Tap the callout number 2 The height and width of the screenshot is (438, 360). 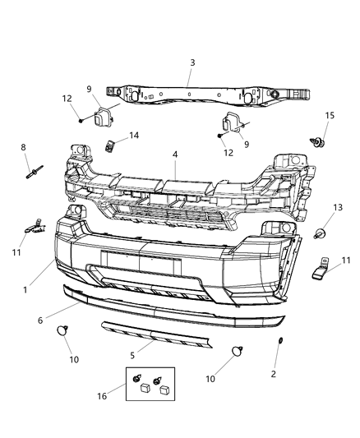click(x=274, y=374)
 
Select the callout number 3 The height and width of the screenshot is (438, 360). click(x=192, y=62)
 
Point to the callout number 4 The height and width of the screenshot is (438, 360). click(x=174, y=153)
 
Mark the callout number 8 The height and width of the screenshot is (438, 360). click(x=23, y=147)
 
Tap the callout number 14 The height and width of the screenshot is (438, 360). click(x=134, y=136)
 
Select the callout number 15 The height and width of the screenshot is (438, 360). click(x=329, y=114)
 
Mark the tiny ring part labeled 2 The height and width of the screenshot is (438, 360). click(x=279, y=341)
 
